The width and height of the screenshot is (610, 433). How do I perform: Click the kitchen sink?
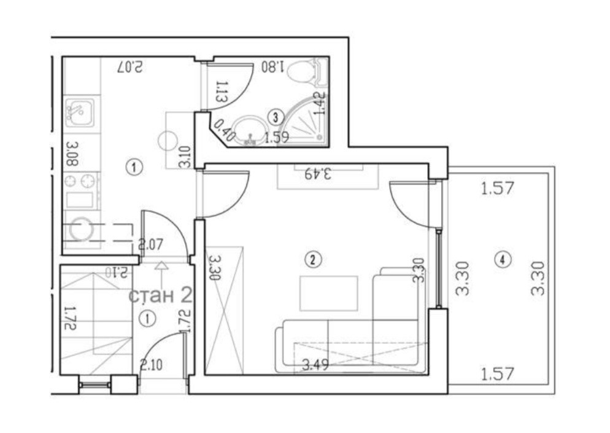(79, 112)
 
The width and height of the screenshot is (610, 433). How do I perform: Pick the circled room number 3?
(276, 115)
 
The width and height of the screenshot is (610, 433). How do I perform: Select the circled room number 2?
(313, 260)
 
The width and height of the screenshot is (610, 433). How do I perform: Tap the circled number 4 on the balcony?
(503, 260)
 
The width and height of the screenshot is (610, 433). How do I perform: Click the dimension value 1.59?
(276, 137)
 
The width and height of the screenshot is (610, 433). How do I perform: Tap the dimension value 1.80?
(272, 66)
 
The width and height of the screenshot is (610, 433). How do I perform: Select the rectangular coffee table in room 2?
(328, 294)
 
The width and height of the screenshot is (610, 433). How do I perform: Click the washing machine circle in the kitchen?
(80, 230)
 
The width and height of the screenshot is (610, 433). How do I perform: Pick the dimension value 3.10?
(183, 157)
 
